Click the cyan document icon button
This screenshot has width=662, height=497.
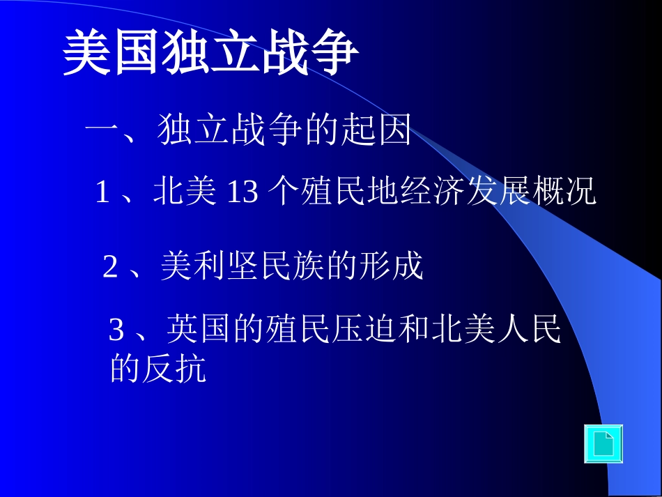pyautogui.click(x=603, y=444)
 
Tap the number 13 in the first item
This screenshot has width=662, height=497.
pyautogui.click(x=243, y=192)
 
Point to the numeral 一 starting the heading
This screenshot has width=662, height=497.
pyautogui.click(x=102, y=130)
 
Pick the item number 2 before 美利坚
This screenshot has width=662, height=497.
pyautogui.click(x=110, y=267)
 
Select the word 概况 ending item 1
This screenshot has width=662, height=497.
pyautogui.click(x=572, y=192)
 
